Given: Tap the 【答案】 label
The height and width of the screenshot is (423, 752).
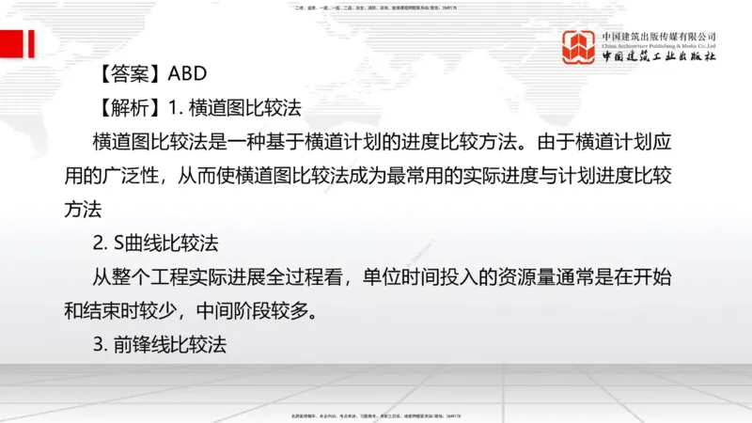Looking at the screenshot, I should tap(131, 74).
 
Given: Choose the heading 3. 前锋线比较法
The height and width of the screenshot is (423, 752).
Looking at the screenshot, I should tap(161, 344).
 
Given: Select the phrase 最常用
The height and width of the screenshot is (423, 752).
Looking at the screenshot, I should tap(405, 176).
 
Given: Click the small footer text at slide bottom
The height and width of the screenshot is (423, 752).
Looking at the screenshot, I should tap(376, 415).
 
